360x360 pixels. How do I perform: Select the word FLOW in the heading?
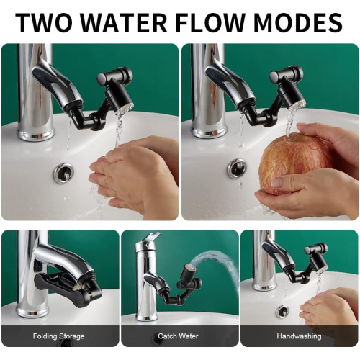[x=210, y=22]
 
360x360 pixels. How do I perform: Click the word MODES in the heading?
[x=297, y=22]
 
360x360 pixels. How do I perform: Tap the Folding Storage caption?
[x=59, y=336]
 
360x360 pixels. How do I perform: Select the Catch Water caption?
[x=178, y=336]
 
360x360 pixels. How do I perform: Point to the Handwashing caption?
[x=299, y=336]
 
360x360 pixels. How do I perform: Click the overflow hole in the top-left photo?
[x=64, y=172]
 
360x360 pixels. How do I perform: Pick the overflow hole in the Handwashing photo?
[x=282, y=310]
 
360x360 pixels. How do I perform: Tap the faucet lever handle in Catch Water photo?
[x=151, y=237]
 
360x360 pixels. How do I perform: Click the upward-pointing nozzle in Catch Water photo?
[x=189, y=272]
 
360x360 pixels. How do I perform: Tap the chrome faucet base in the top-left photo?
[x=36, y=133]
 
